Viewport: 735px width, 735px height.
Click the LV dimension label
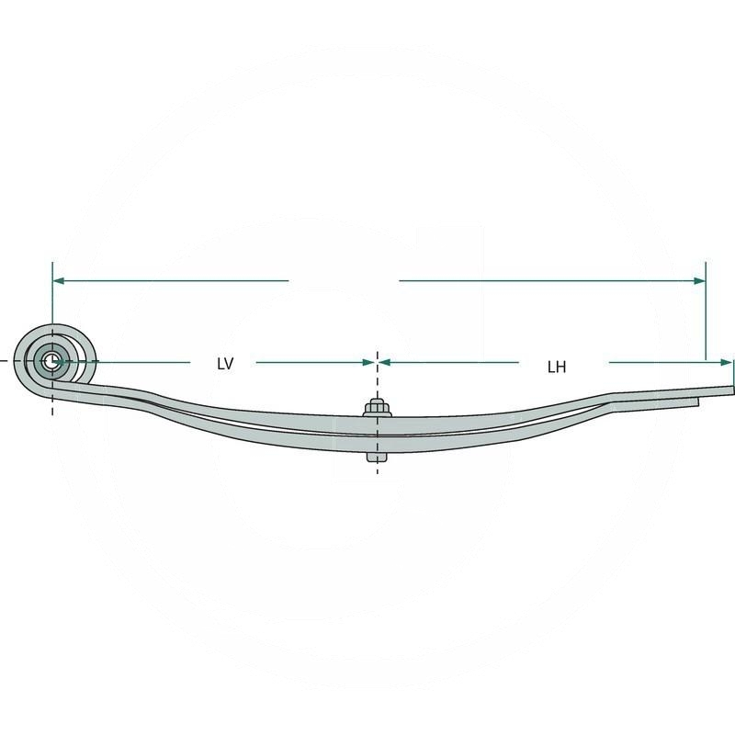click(x=225, y=364)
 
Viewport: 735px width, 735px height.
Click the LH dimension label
click(x=556, y=367)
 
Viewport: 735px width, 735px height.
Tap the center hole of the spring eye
click(x=51, y=362)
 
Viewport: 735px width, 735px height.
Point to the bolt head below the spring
click(x=375, y=457)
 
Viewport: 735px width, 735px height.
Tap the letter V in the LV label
click(x=230, y=364)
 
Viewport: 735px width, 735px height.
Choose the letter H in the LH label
click(x=560, y=367)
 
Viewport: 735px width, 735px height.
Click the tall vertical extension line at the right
click(x=706, y=312)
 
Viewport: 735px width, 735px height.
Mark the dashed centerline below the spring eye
click(x=52, y=404)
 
